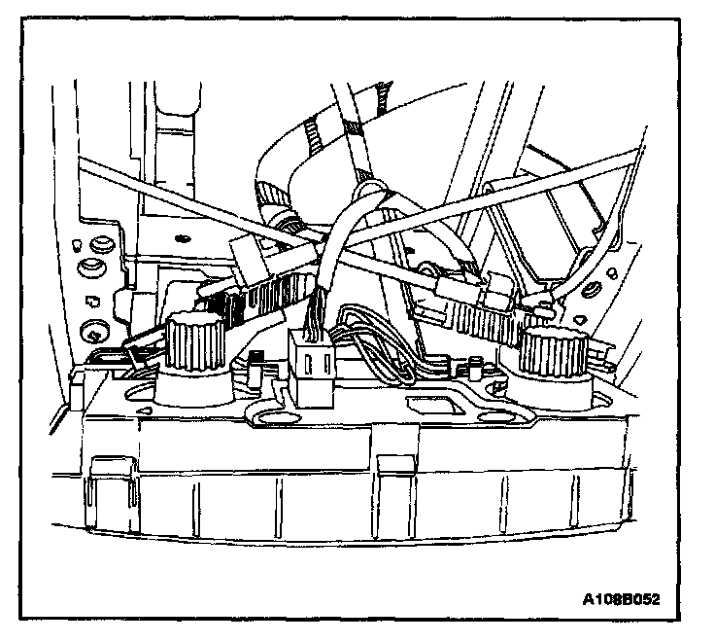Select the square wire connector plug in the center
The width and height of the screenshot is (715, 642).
pos(312,367)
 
